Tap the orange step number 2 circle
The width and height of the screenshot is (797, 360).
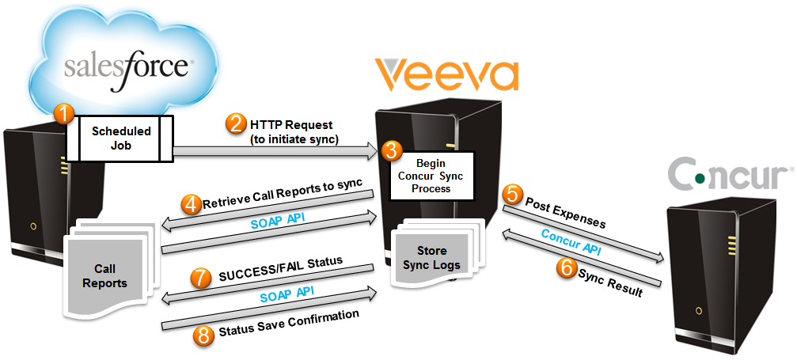click(x=235, y=124)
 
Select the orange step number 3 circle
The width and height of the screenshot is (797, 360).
click(x=389, y=150)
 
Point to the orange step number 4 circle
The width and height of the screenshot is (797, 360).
click(x=191, y=204)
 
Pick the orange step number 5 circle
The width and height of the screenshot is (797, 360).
click(x=514, y=193)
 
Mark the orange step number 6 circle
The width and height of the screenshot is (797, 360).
click(x=566, y=267)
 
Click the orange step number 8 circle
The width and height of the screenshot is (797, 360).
click(x=203, y=335)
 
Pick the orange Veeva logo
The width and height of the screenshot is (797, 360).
click(x=446, y=75)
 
